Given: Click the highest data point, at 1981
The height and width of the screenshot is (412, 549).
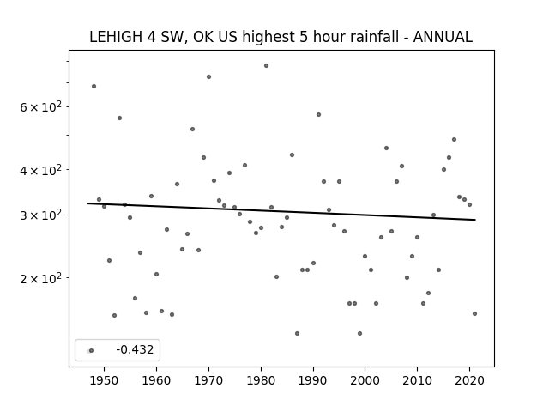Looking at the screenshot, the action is coord(266,65).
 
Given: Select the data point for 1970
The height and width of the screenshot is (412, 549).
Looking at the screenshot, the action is coord(208,76).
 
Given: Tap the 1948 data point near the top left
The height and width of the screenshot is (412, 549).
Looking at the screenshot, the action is coord(94,86).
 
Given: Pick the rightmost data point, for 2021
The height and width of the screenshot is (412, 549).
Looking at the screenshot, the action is coord(474,313).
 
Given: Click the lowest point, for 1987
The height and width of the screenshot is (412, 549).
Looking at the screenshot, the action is coord(298,333).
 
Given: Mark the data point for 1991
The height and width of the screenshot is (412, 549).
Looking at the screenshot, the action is coord(318,114).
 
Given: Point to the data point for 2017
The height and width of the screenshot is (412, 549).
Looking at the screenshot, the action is coord(454,139).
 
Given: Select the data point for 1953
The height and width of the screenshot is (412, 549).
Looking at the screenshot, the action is coord(119,118).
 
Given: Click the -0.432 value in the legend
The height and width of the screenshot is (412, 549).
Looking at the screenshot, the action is coord(135,349).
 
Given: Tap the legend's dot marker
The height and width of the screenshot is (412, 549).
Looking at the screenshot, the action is coord(91,350).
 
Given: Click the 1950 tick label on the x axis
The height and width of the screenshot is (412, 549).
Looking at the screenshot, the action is coord(104,380).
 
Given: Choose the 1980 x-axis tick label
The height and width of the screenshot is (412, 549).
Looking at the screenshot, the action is coord(261,380).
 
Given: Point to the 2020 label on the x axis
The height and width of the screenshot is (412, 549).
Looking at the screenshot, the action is coord(469,380).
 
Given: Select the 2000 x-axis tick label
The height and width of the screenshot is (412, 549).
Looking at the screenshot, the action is coord(365,380).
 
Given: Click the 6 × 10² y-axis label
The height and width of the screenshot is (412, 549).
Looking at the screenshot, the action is coord(40,106).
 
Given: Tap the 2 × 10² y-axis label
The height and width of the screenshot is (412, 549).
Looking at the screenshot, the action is coord(40,278).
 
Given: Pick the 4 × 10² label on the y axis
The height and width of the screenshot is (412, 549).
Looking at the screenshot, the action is coord(40,170).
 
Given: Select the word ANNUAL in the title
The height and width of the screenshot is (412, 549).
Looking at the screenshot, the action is coord(443,37).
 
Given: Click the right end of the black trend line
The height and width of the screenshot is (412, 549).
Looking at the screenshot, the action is coord(475,220).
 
